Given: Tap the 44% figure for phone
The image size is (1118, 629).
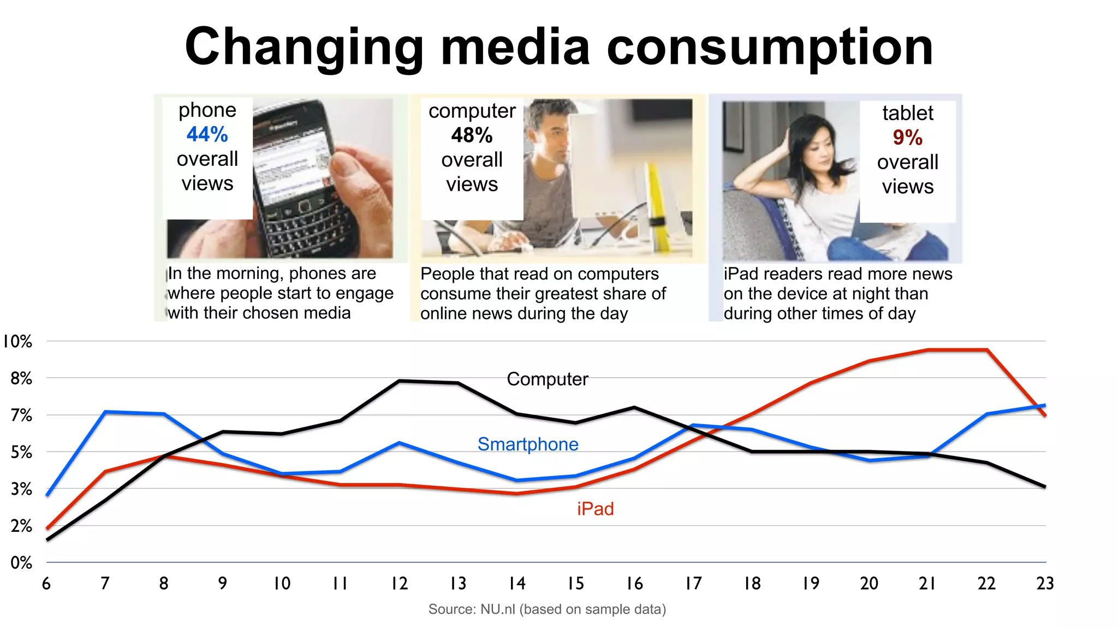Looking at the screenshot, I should [x=207, y=134].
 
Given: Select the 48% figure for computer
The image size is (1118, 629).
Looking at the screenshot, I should [x=472, y=135].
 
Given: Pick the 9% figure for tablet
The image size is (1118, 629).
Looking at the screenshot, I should [x=907, y=138].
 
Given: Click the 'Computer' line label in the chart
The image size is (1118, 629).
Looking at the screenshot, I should [x=547, y=379].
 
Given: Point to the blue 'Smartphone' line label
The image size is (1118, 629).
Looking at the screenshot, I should [x=527, y=444].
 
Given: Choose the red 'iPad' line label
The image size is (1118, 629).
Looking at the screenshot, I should [x=595, y=509].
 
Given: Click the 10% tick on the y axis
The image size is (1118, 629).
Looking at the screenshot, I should [x=17, y=342].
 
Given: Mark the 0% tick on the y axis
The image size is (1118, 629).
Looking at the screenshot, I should [x=21, y=563].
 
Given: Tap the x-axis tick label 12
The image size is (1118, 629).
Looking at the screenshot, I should [x=399, y=584].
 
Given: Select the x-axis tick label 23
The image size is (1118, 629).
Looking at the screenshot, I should [x=1044, y=584].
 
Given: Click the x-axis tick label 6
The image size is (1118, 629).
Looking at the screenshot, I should [x=46, y=584].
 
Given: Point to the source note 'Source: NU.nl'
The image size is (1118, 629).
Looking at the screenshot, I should [x=546, y=609].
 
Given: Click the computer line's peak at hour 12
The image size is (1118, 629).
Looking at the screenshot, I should [x=400, y=381].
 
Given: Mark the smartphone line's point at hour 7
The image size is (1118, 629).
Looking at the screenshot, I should [x=105, y=412].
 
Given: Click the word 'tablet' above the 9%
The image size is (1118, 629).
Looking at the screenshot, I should [x=907, y=113].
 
